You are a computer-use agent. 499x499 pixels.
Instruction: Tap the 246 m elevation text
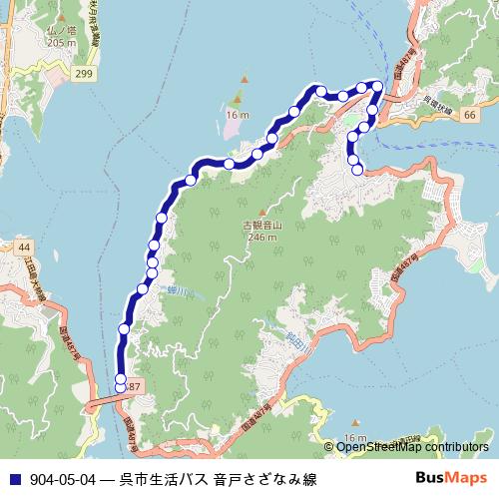(x=261, y=239)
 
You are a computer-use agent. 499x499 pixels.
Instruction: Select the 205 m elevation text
(x=60, y=44)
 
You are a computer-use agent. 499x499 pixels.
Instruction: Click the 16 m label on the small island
(x=237, y=116)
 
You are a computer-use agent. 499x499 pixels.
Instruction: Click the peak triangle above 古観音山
(x=261, y=213)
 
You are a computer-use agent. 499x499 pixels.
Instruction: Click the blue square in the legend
(x=13, y=480)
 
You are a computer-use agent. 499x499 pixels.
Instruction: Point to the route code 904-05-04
(x=63, y=480)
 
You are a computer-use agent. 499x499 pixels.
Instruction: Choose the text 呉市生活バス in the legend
(x=165, y=480)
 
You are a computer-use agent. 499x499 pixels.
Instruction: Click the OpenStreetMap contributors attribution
(x=412, y=447)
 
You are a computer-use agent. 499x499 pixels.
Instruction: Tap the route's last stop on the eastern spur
(x=357, y=170)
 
